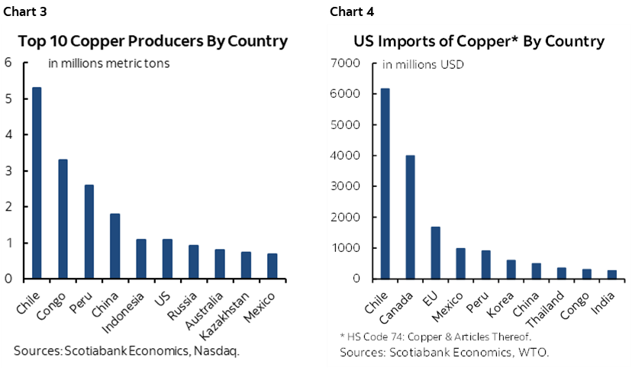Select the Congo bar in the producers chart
[63, 219]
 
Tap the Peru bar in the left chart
[89, 232]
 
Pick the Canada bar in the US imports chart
[410, 217]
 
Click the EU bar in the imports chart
[436, 253]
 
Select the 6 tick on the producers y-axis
[8, 63]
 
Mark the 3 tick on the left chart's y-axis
[8, 171]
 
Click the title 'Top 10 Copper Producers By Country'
[152, 41]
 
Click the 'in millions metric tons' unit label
[108, 63]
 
